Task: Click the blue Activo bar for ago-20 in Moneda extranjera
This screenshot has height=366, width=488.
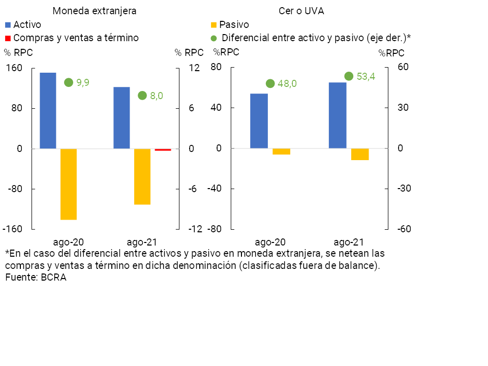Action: (48, 110)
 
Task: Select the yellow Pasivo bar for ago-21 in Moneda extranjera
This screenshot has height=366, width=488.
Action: (142, 176)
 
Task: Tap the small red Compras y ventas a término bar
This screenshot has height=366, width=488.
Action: (163, 149)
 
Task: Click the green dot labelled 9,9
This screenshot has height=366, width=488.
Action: (69, 82)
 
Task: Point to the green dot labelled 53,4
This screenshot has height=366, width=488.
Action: (349, 76)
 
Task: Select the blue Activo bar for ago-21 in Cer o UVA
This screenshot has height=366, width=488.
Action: (338, 115)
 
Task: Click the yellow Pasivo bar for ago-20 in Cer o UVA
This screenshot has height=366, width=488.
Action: (282, 151)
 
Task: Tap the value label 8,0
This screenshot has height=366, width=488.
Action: (156, 96)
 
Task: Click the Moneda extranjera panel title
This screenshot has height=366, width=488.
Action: (95, 11)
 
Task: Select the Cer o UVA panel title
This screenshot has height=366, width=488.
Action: (301, 11)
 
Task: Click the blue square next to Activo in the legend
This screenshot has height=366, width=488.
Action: (8, 24)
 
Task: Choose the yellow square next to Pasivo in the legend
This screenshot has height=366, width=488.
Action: (213, 24)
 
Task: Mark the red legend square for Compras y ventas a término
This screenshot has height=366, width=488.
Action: (8, 38)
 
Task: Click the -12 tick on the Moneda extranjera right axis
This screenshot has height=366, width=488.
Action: (195, 229)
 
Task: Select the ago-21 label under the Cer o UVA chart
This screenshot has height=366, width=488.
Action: (348, 242)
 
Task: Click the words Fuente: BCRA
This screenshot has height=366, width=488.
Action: (36, 278)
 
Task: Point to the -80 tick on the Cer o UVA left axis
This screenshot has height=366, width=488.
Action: (214, 229)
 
